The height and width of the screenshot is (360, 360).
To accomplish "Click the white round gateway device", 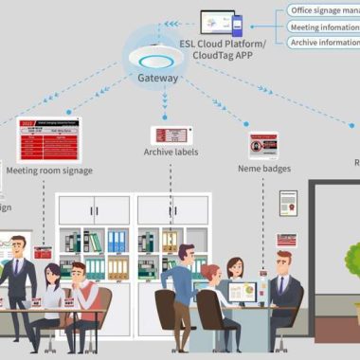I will coord(156,50).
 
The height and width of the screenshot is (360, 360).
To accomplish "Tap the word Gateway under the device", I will coord(156,79).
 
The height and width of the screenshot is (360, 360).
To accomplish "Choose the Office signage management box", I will coord(324,10).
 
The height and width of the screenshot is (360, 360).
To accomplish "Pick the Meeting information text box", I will coord(324,27).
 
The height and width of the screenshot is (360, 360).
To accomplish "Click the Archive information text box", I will coord(324,42).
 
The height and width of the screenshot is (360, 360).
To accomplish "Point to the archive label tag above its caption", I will coord(173,135).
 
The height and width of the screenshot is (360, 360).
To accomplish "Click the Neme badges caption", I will coord(264,169).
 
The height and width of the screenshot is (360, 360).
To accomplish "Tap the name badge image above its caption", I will coord(263,145).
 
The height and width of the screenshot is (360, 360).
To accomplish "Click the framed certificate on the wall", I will coord(288,203).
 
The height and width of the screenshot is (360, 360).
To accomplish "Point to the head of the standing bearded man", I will coord(187,255).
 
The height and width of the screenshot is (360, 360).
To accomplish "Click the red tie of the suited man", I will coord(279,285).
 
